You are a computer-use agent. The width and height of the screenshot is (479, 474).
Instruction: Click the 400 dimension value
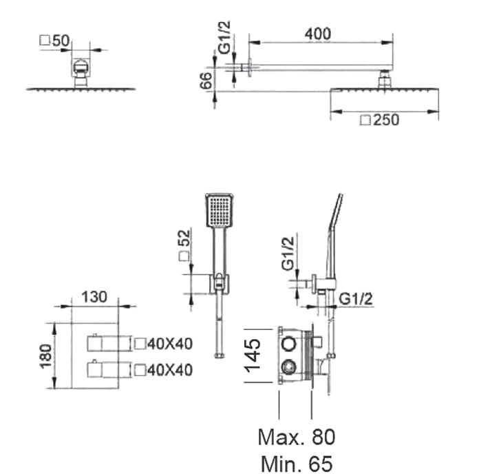(318, 34)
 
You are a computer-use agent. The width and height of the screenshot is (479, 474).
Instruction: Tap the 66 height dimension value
(206, 81)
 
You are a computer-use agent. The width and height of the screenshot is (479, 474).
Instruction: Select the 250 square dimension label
(380, 120)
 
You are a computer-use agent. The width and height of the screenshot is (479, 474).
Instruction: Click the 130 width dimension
(95, 297)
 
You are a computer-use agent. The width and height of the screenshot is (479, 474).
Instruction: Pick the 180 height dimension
(46, 356)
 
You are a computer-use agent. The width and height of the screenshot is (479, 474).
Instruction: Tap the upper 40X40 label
(163, 344)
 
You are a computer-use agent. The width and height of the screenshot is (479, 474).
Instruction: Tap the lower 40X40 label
(163, 370)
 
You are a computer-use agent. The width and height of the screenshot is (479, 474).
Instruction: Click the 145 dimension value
(253, 356)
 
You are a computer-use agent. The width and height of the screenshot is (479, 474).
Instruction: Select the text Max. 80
(297, 437)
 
